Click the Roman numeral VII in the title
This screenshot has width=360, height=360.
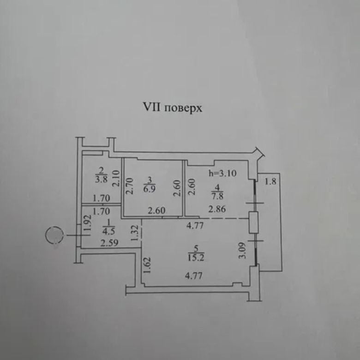coord(151,108)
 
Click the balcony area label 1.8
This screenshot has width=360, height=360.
coord(271,182)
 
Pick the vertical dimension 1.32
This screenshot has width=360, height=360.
coord(135,234)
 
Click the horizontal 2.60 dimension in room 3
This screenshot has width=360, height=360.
coord(157,211)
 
